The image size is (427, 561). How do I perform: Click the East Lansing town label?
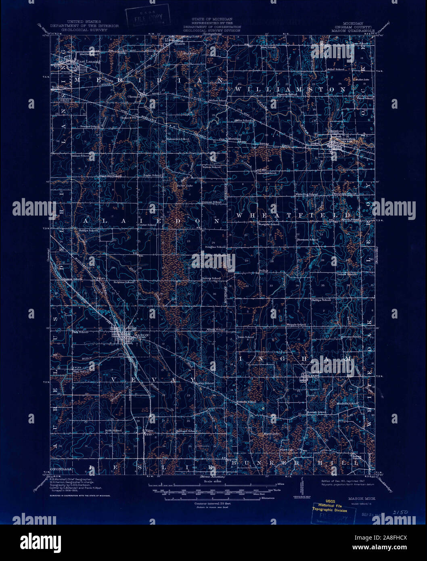coord(86,62)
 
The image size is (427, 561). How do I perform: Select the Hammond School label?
coord(178,139)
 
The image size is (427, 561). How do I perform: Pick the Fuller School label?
coord(336,69)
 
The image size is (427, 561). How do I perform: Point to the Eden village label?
coord(151,431)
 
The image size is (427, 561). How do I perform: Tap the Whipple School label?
coord(296,324)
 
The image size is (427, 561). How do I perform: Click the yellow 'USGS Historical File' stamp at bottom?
coord(329,506)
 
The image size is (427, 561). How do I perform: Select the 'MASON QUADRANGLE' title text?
coord(353,30)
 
